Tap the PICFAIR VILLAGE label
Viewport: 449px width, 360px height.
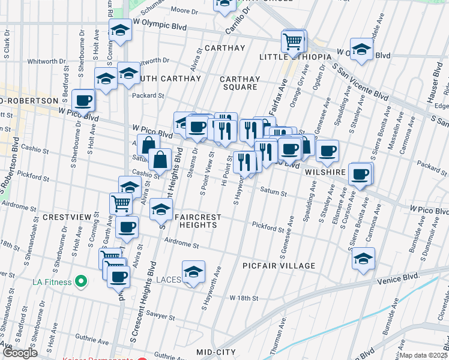279,266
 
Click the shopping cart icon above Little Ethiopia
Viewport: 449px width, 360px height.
293,42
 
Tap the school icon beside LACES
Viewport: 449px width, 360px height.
193,272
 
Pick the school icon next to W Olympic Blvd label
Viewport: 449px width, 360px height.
120,30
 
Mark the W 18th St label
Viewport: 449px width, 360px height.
244,298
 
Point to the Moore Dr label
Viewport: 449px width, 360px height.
184,10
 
